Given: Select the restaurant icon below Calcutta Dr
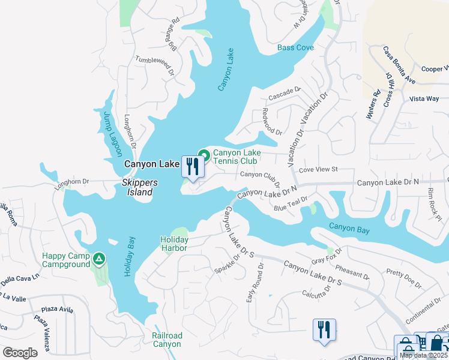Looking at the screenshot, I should [324, 329].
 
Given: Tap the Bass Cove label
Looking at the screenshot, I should [295, 47].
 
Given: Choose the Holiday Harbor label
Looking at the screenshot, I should [174, 244].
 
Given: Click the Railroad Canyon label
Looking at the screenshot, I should [166, 340].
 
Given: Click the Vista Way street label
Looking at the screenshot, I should [424, 98].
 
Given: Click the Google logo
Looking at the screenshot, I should [20, 352].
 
